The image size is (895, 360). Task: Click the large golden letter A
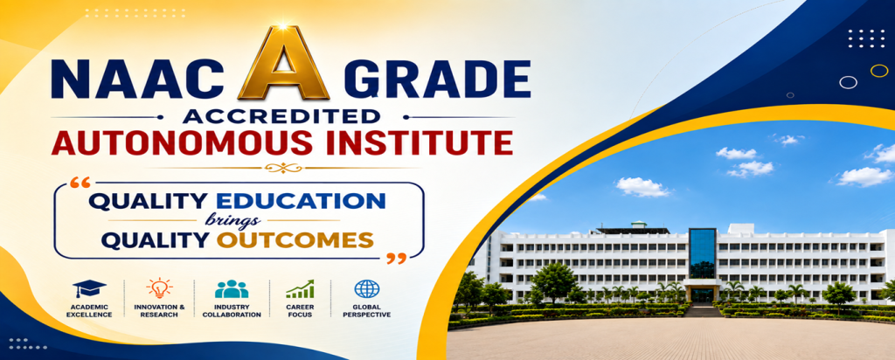click(x=284, y=64)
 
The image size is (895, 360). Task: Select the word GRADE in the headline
click(x=437, y=78)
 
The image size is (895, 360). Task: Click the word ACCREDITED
click(x=281, y=116)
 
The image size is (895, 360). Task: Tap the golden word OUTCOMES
click(x=295, y=240)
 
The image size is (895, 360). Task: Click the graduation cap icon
click(x=89, y=288)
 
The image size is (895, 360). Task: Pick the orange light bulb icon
click(x=159, y=288)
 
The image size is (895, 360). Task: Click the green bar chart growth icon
click(x=300, y=288)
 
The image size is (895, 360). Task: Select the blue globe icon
click(x=366, y=288)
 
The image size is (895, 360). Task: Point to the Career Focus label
click(x=300, y=311)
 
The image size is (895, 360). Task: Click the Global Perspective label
click(x=367, y=311)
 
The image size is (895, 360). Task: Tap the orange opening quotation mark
click(x=80, y=183)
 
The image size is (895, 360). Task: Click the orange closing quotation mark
click(x=397, y=259)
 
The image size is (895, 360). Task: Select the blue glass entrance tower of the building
click(x=702, y=253)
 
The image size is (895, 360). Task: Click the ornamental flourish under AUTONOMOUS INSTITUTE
click(x=283, y=168)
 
